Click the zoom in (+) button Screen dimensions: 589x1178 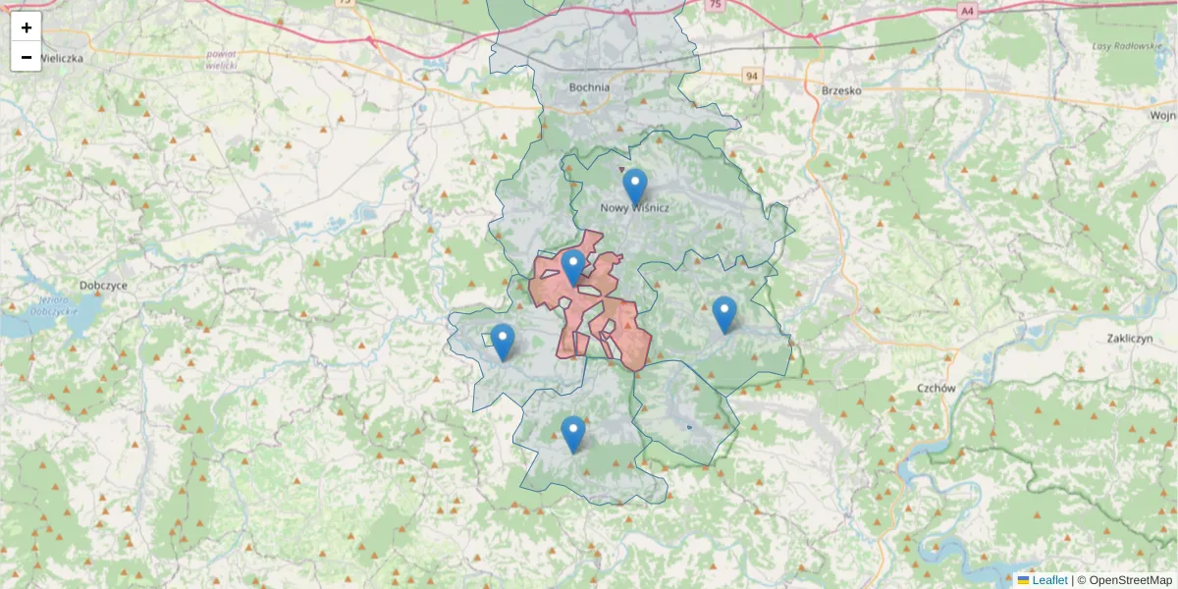point(27,27)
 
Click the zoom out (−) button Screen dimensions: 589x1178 point(27,57)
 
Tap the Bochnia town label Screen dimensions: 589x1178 point(589,87)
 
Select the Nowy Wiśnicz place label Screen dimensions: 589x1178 point(635,208)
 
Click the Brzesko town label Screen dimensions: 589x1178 point(840,90)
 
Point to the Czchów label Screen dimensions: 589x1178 point(937,388)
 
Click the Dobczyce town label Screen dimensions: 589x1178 point(105,285)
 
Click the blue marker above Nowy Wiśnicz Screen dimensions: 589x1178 point(635,185)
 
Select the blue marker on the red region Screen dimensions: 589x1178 point(572,266)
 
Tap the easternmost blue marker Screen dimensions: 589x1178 point(724,313)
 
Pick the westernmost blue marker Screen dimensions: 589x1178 point(502,341)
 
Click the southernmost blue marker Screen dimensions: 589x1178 point(572,433)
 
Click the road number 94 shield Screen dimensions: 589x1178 point(752,76)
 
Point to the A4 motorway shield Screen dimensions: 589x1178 point(968,11)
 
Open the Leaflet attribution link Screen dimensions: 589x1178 point(1048,580)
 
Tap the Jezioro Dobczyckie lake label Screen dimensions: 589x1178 point(54,304)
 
